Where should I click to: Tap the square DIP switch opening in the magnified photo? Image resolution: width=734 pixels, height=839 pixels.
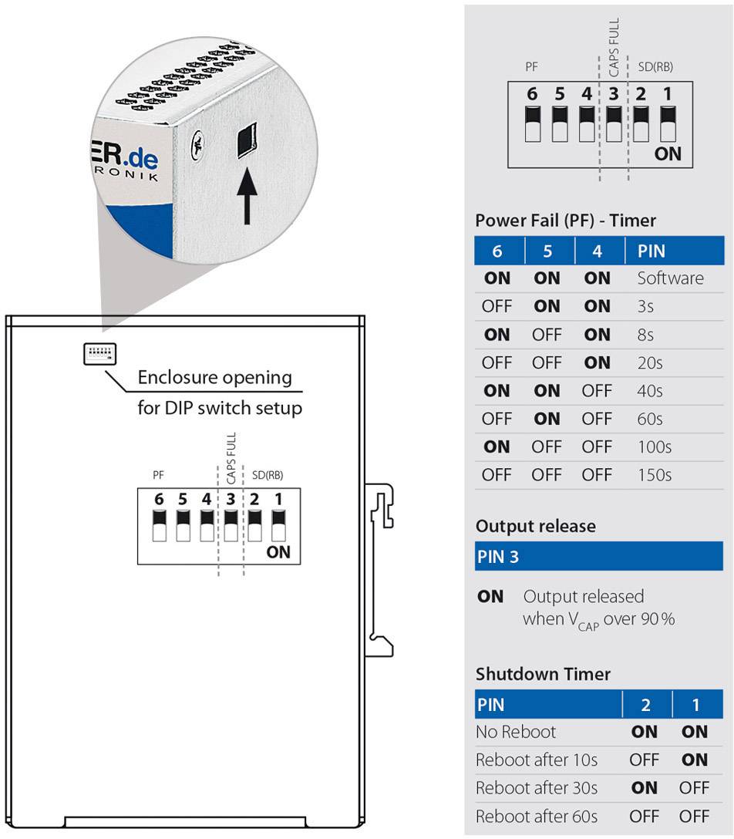click(247, 139)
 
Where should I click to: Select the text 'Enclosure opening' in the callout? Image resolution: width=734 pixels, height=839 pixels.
click(214, 378)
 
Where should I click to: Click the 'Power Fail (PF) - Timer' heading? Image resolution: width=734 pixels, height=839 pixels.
click(565, 221)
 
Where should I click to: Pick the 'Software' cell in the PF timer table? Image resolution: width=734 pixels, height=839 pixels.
click(670, 278)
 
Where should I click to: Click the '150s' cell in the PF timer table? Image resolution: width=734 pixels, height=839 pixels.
click(654, 475)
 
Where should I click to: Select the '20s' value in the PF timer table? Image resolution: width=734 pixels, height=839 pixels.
click(649, 362)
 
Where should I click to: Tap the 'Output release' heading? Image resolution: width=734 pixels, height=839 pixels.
click(535, 526)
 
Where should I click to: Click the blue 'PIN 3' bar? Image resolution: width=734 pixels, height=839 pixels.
click(598, 556)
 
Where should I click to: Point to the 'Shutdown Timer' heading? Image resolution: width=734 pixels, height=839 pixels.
click(543, 674)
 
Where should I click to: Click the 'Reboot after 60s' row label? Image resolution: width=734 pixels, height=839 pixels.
click(536, 816)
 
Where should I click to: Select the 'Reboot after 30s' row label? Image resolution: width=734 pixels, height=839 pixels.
click(536, 788)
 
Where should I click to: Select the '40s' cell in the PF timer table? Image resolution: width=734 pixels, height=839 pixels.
click(649, 391)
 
